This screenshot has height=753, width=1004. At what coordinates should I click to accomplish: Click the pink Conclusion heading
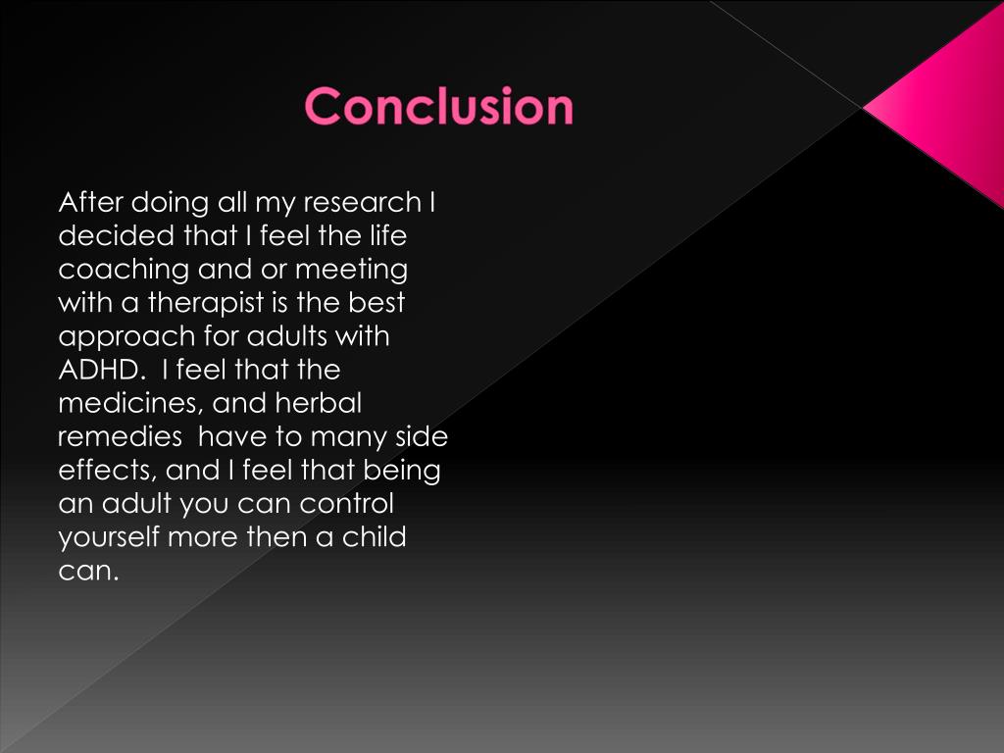(x=438, y=106)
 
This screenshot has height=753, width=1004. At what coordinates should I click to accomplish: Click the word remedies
(x=120, y=437)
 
